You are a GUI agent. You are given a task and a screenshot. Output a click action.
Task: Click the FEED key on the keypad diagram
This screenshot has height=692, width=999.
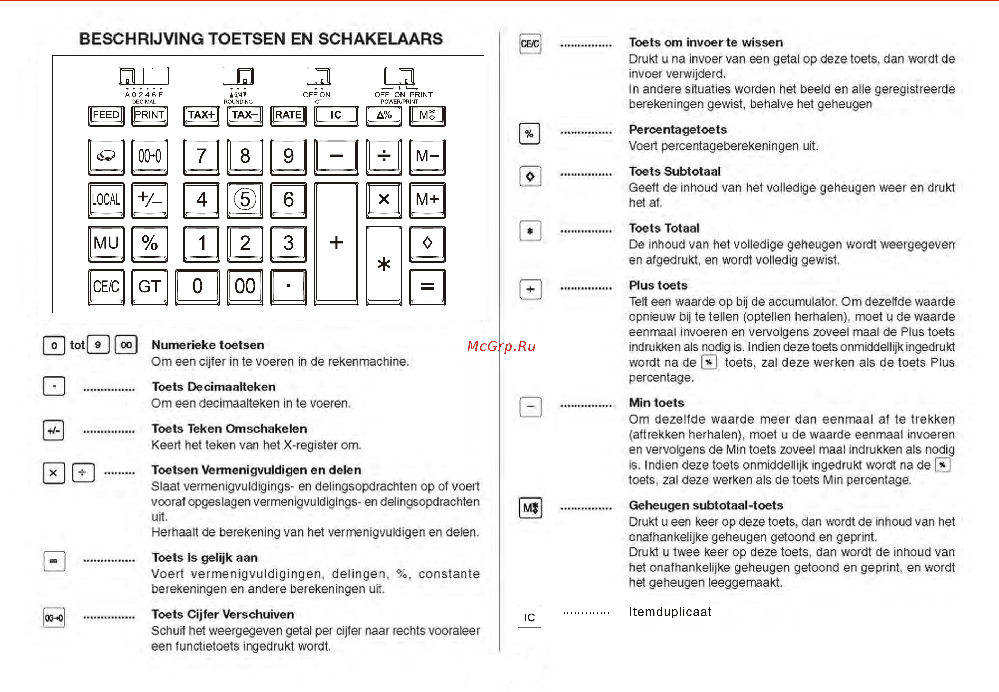coord(106,116)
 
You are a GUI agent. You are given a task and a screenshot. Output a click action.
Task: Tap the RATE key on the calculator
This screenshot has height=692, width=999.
coord(288,116)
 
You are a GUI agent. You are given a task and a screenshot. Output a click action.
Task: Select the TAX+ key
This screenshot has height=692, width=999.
coord(201,116)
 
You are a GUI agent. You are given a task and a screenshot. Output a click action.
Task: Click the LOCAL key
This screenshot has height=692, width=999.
coord(106,200)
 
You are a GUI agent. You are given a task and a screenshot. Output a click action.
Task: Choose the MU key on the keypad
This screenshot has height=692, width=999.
coord(106,244)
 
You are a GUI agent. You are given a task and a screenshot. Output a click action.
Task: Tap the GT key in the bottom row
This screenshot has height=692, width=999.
coord(150,287)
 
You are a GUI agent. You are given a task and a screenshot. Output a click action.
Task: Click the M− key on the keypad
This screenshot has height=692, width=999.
coord(427,157)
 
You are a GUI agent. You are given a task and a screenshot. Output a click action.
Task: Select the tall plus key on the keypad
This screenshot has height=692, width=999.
coord(337,244)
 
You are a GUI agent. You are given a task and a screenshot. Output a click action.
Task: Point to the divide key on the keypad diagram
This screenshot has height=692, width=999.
coord(384,157)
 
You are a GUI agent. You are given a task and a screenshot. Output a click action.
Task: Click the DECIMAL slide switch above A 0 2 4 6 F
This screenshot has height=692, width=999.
coord(144,76)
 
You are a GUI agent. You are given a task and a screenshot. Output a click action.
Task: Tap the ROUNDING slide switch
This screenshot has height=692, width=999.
coord(238,76)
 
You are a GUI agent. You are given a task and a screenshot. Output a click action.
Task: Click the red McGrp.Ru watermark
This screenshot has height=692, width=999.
coord(501,346)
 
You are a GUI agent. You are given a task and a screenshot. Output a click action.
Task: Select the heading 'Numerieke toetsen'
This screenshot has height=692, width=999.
coord(208,345)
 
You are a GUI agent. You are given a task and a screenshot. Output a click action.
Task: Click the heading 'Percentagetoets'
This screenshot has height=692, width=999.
coord(678,130)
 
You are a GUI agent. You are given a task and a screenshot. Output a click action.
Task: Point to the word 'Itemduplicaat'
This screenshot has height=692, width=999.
coord(670,612)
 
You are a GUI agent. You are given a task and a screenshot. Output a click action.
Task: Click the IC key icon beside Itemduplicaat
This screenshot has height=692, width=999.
coord(529,616)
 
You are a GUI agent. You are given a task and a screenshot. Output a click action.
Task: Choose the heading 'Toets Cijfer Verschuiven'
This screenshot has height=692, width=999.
coord(223,614)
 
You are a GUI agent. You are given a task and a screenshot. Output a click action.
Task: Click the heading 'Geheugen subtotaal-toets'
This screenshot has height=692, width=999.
coord(706,505)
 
